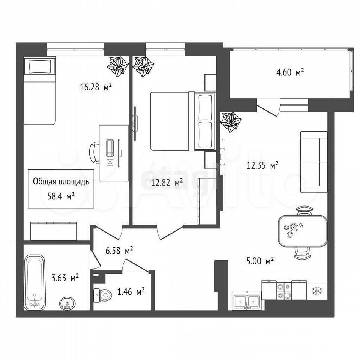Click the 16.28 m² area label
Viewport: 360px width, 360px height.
96,87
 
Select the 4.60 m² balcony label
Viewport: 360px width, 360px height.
290,72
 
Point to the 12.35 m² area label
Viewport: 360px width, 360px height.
262,165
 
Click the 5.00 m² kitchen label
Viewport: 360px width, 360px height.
260,261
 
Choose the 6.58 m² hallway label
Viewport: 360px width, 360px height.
119,250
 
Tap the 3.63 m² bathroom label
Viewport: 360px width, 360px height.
65,278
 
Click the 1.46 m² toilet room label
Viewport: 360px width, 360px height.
130,292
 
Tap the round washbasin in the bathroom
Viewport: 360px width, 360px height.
67,303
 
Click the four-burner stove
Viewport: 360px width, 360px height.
284,290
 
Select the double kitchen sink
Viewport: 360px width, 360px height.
247,300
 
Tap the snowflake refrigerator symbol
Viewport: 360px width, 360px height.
317,291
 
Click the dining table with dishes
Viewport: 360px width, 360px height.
303,230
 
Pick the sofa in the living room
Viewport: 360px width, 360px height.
314,162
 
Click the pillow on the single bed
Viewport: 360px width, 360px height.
40,66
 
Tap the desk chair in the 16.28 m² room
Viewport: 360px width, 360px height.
94,153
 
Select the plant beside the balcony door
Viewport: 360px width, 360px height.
231,122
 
